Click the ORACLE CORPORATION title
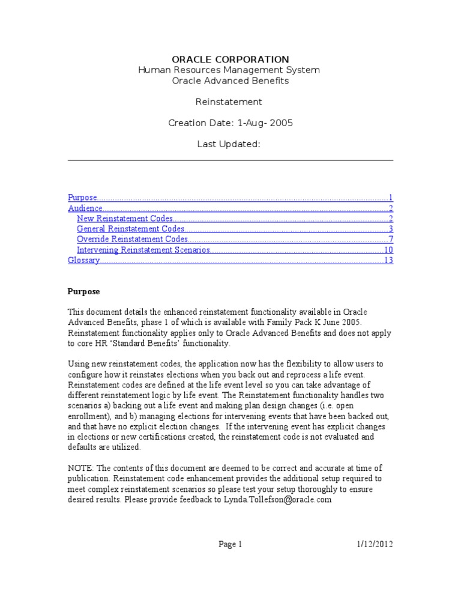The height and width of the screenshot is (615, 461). [230, 59]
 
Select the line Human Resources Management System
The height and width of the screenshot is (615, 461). [230, 70]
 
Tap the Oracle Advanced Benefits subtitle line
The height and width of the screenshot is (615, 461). [230, 80]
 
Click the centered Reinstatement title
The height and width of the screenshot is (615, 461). [230, 102]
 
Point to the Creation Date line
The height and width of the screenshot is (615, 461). [230, 123]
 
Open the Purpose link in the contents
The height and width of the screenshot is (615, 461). [82, 198]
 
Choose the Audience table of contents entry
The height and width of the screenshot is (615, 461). [85, 208]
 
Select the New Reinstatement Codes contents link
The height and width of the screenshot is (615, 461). [125, 219]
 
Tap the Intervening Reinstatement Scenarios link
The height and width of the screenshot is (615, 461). [143, 250]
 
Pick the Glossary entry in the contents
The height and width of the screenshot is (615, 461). [83, 260]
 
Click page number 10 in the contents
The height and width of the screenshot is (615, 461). [388, 250]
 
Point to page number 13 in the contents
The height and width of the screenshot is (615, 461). [388, 260]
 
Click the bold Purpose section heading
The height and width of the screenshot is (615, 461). [83, 291]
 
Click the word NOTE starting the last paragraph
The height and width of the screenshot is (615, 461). [80, 468]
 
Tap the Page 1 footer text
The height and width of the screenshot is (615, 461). [230, 545]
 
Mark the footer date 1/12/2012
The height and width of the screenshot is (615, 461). [373, 545]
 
